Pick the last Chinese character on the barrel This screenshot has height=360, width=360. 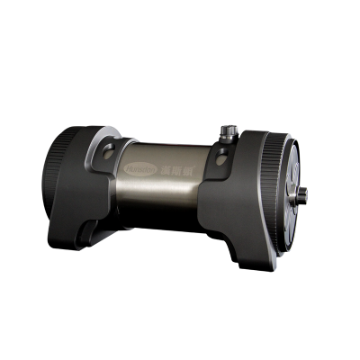point(177,167)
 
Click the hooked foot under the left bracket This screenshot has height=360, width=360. point(90,236)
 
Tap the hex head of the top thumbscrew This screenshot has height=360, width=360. point(228,129)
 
